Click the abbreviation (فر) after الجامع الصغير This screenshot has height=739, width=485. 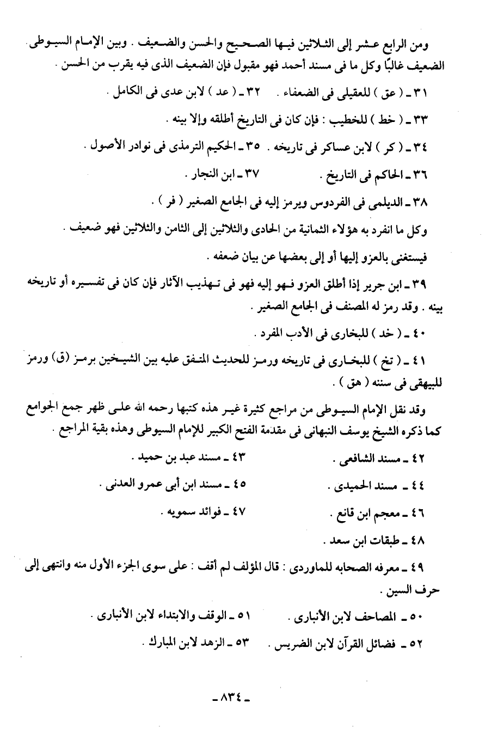163,203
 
